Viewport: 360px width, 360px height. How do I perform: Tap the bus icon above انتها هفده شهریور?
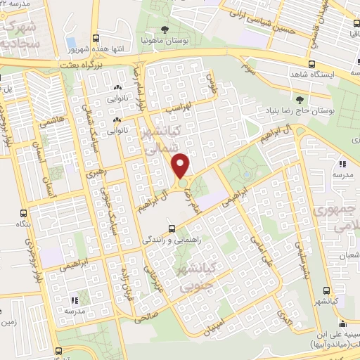coord(96,39)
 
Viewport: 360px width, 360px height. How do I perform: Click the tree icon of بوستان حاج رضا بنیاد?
coord(300,99)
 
